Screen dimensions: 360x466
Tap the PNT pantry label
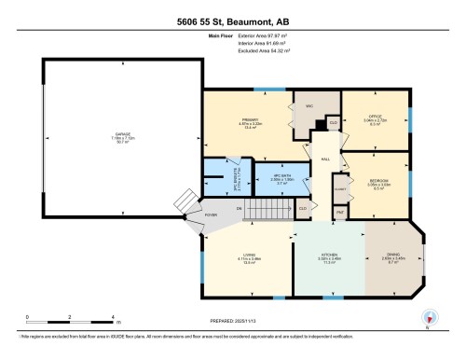click(x=340, y=213)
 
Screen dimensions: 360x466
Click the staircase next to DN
click(x=270, y=209)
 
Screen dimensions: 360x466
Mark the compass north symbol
click(x=430, y=317)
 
